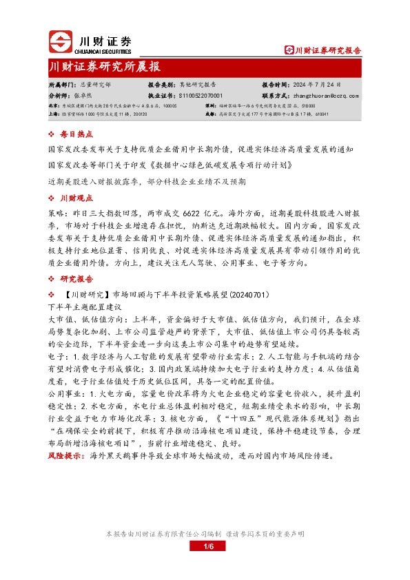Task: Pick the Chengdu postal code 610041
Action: (x=320, y=114)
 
